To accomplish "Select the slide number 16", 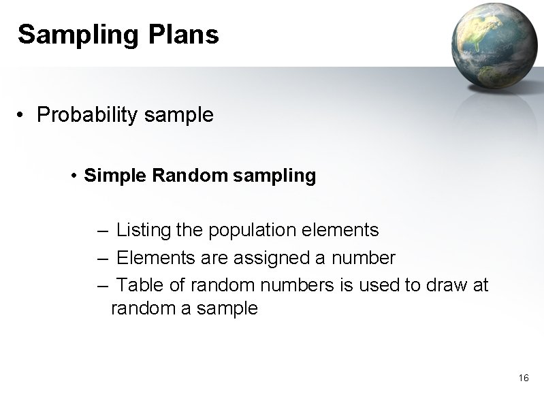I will [x=523, y=378].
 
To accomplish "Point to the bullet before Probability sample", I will [x=23, y=115].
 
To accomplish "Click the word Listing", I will [x=144, y=231].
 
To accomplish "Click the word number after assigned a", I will [x=364, y=258].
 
